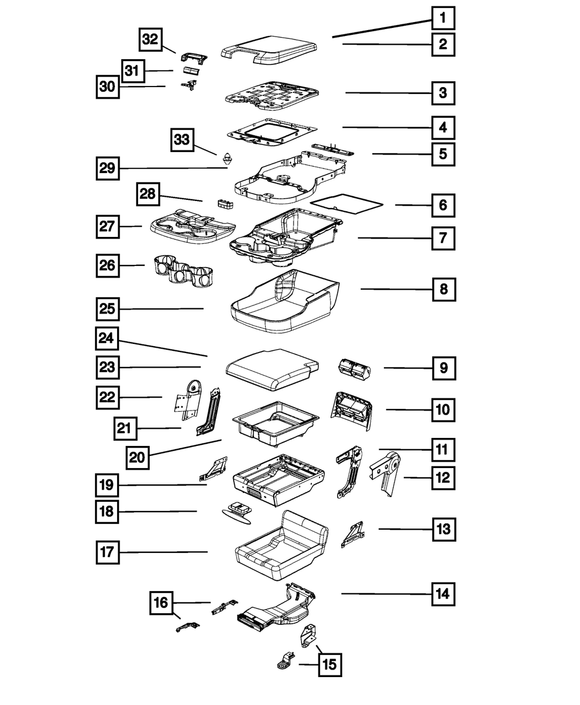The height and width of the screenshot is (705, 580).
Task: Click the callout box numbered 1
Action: click(x=443, y=18)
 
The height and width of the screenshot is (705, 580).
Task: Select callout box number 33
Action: click(x=182, y=141)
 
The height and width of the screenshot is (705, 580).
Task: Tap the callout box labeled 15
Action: click(x=329, y=664)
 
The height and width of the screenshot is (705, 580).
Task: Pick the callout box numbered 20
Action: click(x=137, y=457)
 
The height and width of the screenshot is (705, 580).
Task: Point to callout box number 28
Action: click(x=148, y=194)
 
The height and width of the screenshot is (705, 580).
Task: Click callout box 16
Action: click(x=161, y=603)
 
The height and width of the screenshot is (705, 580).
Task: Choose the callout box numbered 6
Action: click(x=443, y=205)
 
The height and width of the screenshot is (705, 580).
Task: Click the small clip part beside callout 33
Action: click(x=226, y=157)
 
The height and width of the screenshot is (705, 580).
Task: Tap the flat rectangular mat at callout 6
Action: click(x=347, y=203)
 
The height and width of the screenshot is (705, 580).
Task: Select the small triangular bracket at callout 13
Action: click(x=353, y=534)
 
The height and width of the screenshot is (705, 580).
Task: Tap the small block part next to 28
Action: click(x=224, y=203)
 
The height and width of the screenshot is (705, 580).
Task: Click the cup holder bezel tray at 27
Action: click(x=191, y=223)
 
